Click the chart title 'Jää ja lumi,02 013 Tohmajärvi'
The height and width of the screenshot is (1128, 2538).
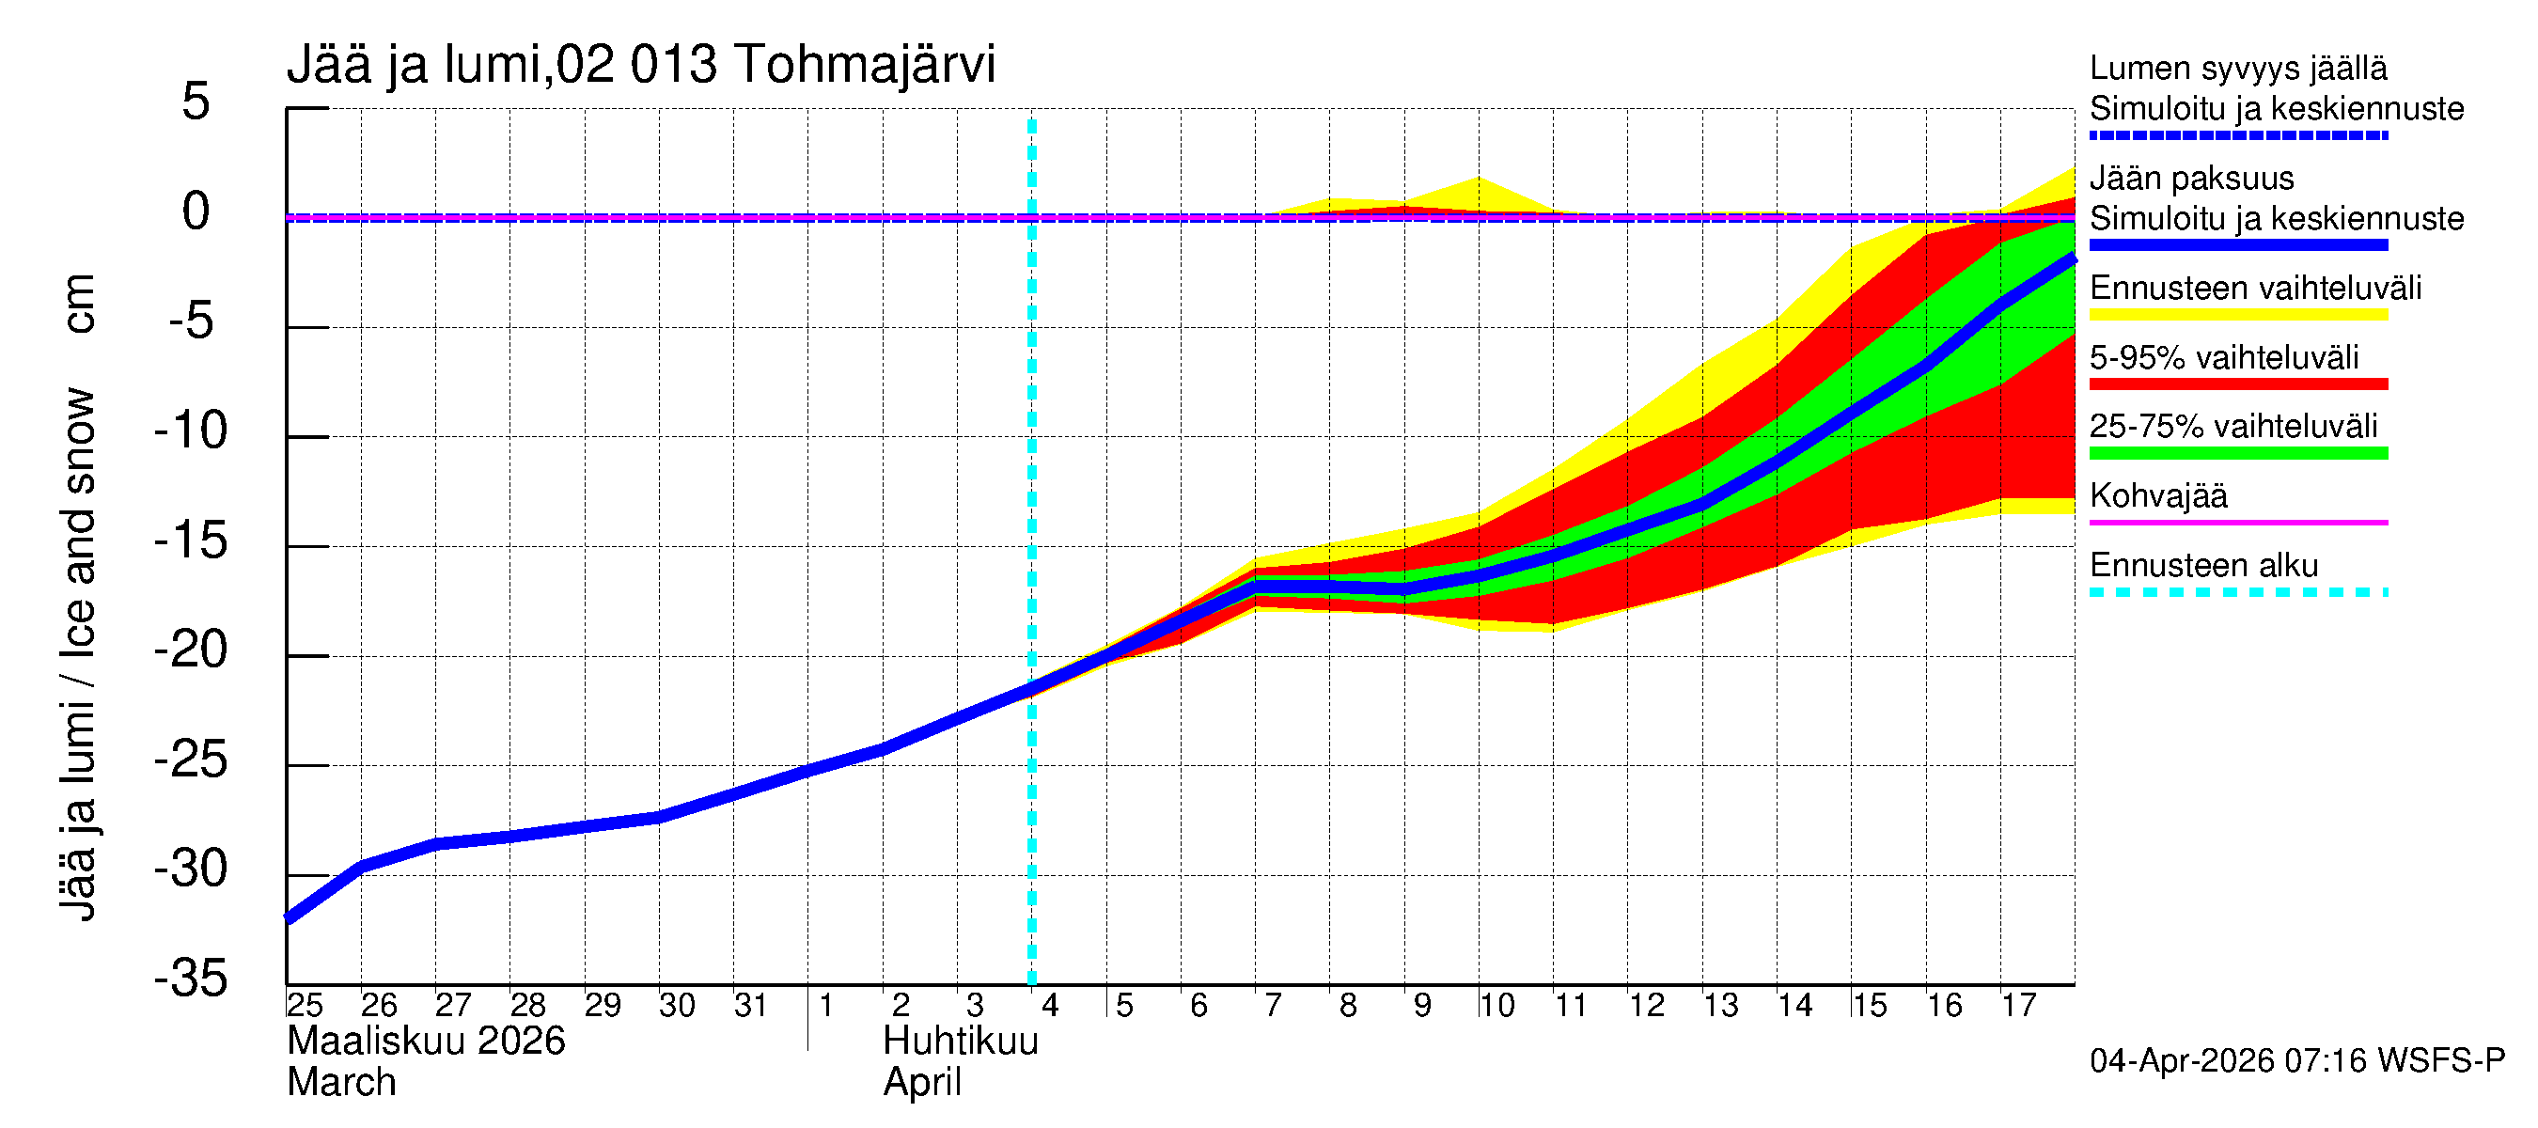(x=640, y=65)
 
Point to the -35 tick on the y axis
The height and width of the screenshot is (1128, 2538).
(x=191, y=979)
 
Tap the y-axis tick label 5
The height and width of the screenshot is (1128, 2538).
(x=196, y=102)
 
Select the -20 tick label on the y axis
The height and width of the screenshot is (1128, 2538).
(x=191, y=650)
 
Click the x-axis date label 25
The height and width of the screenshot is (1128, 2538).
(x=305, y=1005)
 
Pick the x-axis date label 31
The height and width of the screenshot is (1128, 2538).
(x=751, y=1005)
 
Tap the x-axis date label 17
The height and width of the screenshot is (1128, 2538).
(x=2018, y=1005)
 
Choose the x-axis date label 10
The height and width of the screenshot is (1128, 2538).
(x=1496, y=1005)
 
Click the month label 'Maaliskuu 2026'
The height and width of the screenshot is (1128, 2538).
(x=426, y=1042)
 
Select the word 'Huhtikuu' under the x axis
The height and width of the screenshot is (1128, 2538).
(x=961, y=1042)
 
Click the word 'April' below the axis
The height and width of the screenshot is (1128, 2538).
(x=922, y=1083)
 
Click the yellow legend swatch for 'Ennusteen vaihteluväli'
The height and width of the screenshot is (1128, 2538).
(x=2237, y=315)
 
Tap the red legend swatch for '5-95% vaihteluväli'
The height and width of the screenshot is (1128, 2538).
(x=2237, y=384)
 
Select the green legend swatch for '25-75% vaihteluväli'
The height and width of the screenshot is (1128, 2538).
(x=2237, y=453)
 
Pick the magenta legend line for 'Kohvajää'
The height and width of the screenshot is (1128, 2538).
(x=2237, y=522)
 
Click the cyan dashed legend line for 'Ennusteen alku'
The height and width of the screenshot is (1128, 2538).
(x=2237, y=592)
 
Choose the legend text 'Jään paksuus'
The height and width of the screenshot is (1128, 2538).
(x=2191, y=179)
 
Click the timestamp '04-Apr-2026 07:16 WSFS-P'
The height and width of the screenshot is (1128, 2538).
(x=2296, y=1061)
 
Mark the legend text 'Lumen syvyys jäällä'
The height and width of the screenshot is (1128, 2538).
(x=2238, y=68)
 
